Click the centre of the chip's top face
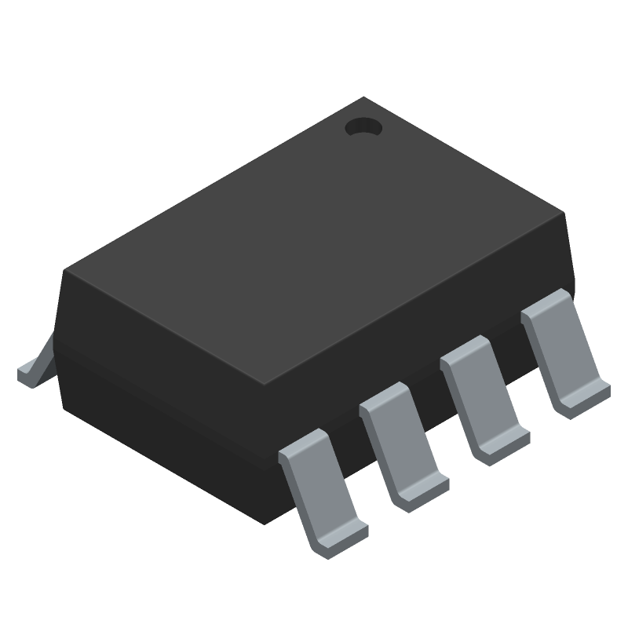[314, 239]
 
